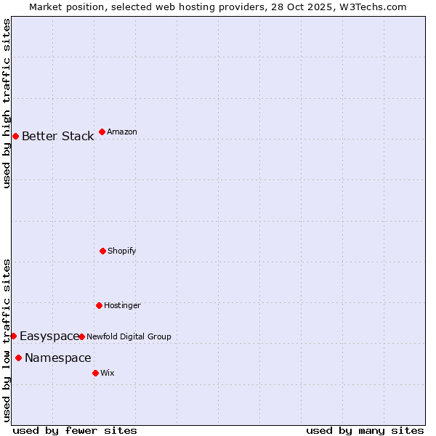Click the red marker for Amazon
click(x=102, y=132)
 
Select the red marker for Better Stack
click(x=15, y=136)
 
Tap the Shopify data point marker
click(x=102, y=251)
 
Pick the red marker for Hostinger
click(x=99, y=305)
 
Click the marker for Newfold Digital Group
click(x=81, y=336)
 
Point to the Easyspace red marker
click(x=13, y=336)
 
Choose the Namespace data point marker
click(x=18, y=358)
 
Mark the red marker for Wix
click(x=95, y=373)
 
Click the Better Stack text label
click(x=57, y=137)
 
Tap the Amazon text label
click(x=122, y=132)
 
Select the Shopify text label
click(x=122, y=251)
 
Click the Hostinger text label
click(x=122, y=306)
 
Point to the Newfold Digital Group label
click(x=129, y=337)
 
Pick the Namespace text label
click(x=58, y=358)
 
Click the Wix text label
click(x=108, y=374)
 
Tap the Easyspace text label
click(x=49, y=336)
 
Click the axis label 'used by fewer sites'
click(x=75, y=430)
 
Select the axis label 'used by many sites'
click(x=365, y=430)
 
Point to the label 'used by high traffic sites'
click(x=7, y=103)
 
